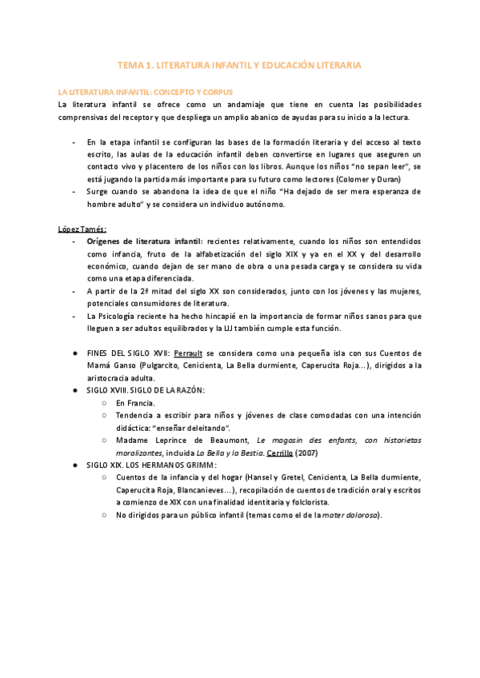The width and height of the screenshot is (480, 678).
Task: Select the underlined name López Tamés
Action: pos(82,229)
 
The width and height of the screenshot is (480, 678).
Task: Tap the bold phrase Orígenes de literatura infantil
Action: pos(145,241)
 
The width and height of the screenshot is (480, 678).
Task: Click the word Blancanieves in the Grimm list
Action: pos(198,489)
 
